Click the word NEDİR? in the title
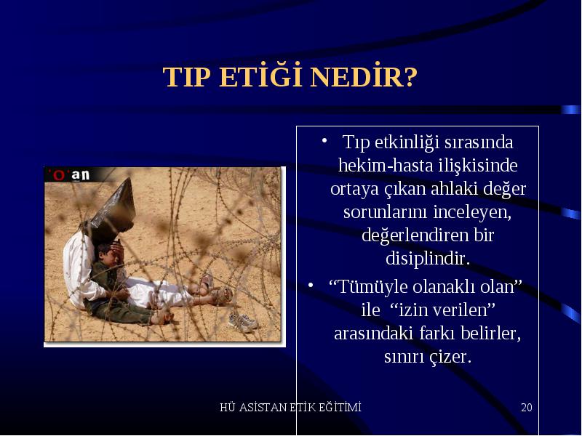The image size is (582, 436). coord(364,76)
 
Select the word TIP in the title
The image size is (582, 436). coord(187,77)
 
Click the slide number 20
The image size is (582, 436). coord(526,407)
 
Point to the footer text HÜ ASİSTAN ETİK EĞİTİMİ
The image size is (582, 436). coord(290,407)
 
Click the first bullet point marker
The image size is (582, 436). coord(324,140)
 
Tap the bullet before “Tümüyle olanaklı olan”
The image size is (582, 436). coord(311,285)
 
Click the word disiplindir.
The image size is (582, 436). coord(428,258)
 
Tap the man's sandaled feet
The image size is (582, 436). coord(215,289)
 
